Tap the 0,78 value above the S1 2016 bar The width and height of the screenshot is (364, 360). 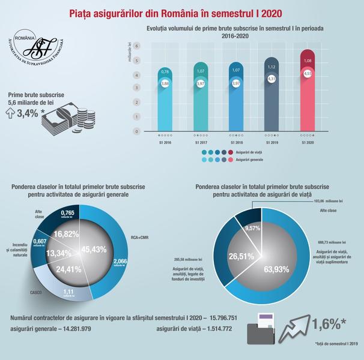click(166, 72)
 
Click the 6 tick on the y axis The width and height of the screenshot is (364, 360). click(138, 46)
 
